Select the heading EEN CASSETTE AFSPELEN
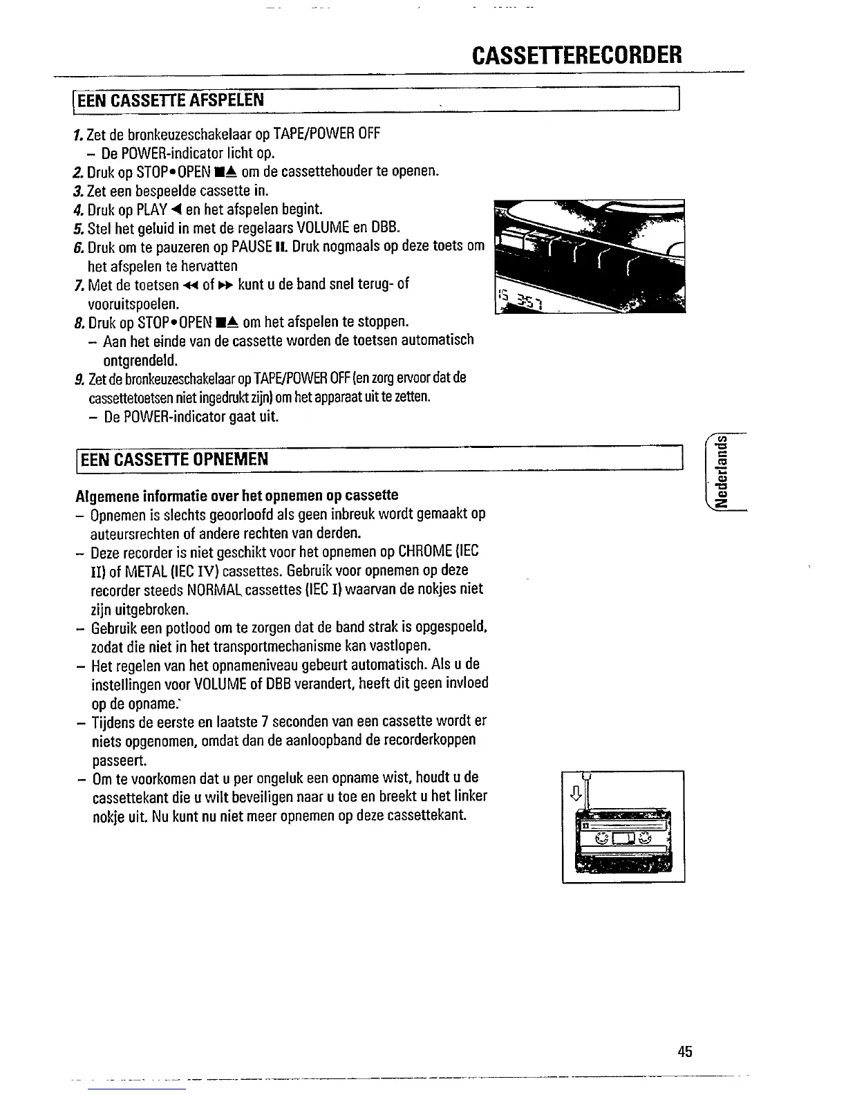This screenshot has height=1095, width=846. [171, 100]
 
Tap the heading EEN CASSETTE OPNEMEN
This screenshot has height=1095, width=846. [173, 459]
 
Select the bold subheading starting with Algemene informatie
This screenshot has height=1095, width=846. [236, 495]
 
